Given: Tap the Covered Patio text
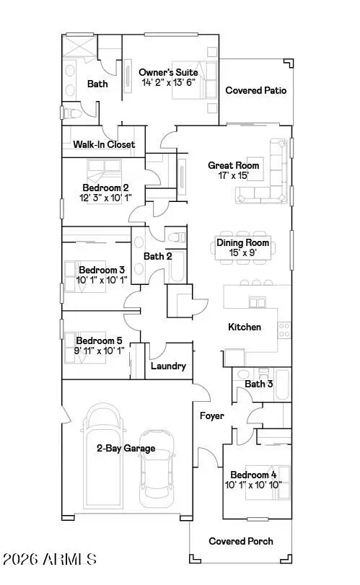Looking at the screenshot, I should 256,91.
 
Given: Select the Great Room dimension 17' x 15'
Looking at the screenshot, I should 233,175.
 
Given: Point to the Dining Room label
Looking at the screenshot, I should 243,243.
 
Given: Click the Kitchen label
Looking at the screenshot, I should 245,327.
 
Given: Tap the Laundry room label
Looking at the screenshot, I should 168,366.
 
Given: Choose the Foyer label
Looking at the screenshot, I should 212,416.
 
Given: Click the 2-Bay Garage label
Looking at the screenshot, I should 126,449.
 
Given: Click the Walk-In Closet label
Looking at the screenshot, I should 104,144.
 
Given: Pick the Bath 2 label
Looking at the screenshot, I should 157,255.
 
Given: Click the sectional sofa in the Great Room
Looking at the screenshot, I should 275,170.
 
